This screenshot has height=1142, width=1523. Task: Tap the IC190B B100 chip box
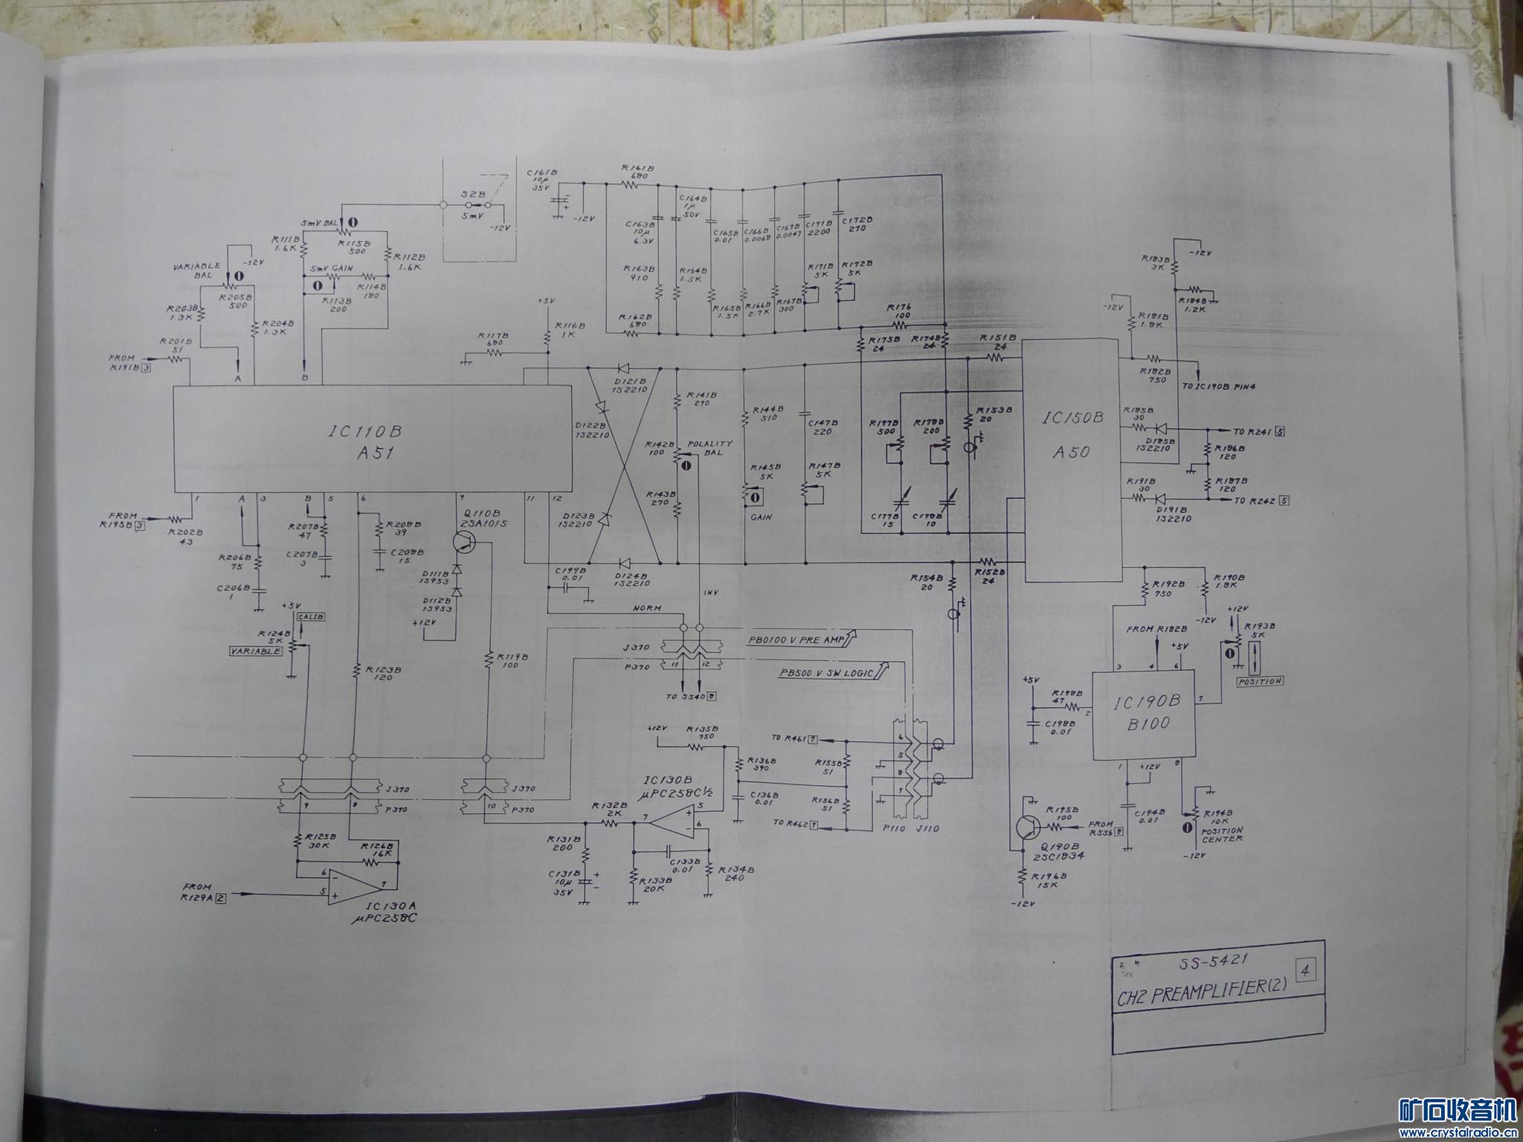click(1142, 714)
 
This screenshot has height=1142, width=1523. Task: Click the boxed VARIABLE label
click(255, 651)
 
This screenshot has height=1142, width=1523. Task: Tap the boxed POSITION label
click(1260, 681)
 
